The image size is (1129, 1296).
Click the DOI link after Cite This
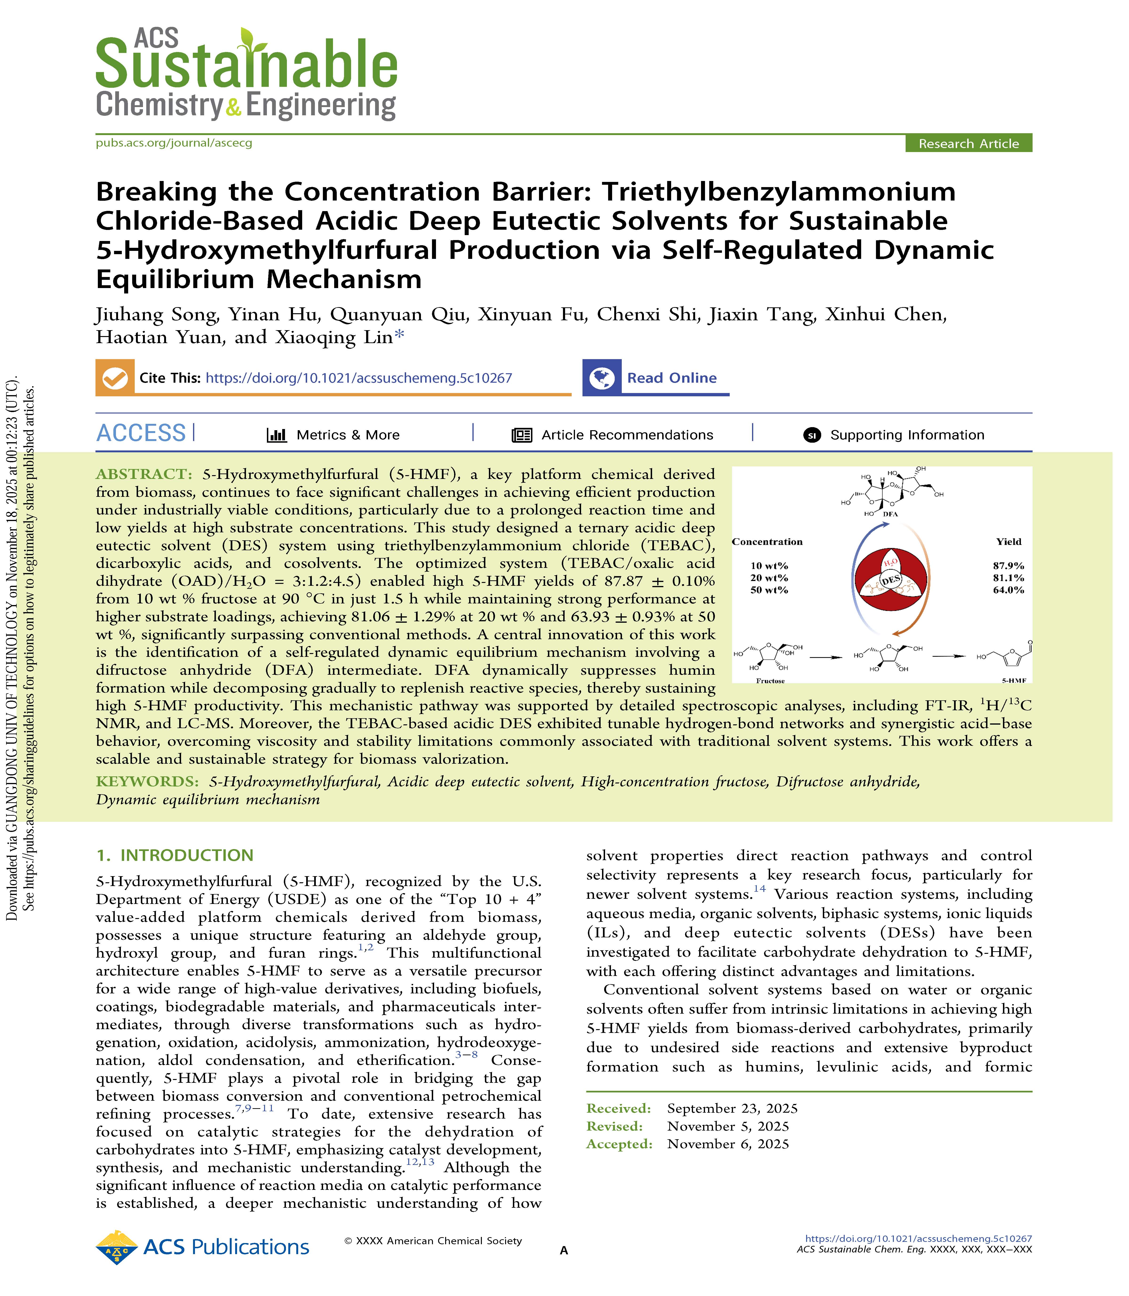[358, 378]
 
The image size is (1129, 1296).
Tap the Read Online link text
[672, 378]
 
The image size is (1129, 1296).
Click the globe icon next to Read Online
[602, 378]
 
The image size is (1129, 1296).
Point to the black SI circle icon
[812, 435]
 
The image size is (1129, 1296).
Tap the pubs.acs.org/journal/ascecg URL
[174, 143]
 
